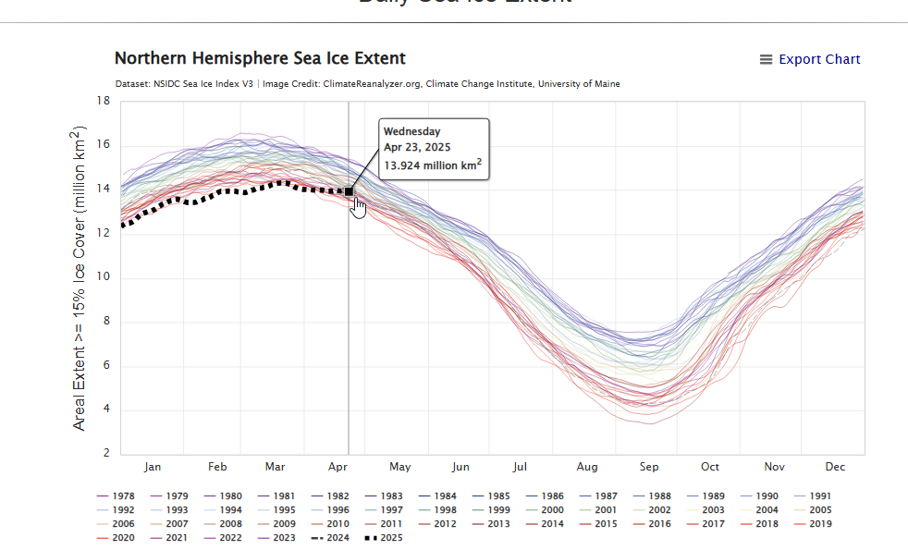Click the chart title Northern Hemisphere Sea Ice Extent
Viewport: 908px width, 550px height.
260,58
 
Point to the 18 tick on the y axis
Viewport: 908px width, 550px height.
104,101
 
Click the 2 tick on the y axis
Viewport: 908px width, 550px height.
107,454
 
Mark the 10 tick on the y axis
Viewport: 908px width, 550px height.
104,277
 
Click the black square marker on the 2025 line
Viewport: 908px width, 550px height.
349,191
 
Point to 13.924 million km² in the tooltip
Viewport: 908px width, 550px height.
433,166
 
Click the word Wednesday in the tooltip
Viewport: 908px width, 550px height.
412,131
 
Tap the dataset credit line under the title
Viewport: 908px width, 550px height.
367,84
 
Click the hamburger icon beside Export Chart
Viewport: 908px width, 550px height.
766,59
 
